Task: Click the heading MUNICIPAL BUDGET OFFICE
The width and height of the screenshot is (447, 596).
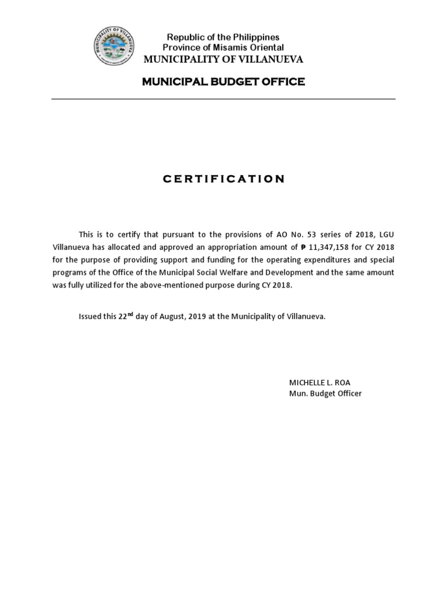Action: tap(223, 81)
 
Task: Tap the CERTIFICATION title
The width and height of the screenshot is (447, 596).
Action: tap(223, 179)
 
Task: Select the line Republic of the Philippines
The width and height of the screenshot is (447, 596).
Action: tap(223, 37)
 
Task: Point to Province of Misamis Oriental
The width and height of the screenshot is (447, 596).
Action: tap(223, 47)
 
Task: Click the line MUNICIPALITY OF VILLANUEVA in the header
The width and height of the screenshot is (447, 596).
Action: tap(223, 59)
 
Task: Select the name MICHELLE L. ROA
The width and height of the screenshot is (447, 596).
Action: tap(320, 382)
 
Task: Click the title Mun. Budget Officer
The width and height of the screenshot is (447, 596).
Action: tap(325, 393)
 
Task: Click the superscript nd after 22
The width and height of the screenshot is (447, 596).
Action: tap(130, 314)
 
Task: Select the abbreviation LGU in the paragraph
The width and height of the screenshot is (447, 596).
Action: tap(385, 234)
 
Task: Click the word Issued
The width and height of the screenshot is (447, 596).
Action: tap(91, 317)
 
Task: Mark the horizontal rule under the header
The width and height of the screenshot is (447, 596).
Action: tap(223, 99)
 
